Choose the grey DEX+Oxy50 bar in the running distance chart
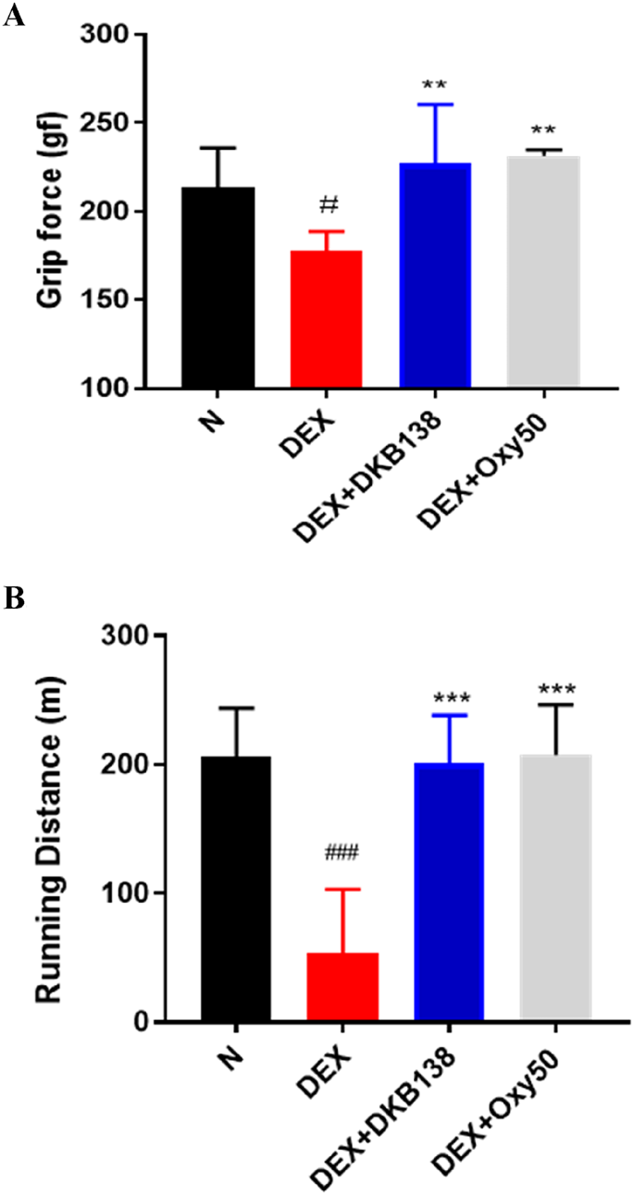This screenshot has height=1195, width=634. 555,888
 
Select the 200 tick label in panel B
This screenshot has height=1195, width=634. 126,765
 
